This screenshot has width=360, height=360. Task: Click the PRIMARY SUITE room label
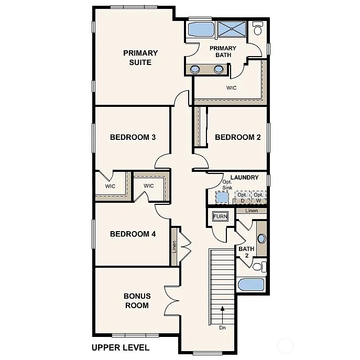tap(140, 58)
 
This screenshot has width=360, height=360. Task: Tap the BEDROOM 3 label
tap(133, 137)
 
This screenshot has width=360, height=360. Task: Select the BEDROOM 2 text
tap(238, 137)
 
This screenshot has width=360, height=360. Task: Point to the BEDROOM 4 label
tap(133, 234)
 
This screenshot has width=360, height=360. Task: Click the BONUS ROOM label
tap(137, 301)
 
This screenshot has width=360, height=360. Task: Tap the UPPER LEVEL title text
tap(120, 347)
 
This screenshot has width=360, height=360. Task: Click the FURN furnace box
tap(220, 216)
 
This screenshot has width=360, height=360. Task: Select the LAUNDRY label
tap(244, 178)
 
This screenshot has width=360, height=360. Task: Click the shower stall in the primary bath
tap(232, 29)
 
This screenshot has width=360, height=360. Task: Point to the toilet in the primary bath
tap(258, 29)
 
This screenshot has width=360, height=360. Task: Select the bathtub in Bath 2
tap(251, 285)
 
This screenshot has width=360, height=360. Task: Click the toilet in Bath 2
tap(258, 267)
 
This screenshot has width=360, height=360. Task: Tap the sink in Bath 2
tap(261, 239)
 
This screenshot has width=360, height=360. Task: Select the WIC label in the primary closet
tap(231, 88)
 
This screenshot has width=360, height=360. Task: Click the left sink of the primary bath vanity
tap(195, 69)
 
